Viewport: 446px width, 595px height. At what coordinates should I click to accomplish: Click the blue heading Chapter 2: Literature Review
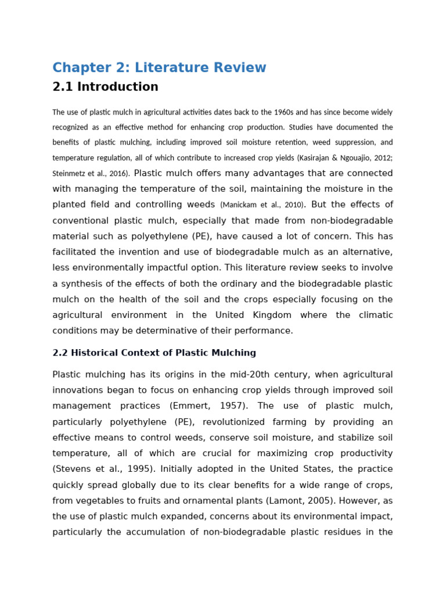[159, 67]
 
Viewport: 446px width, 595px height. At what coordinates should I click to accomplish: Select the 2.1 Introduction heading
[105, 87]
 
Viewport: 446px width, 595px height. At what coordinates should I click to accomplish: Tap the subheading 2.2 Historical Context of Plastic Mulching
[154, 353]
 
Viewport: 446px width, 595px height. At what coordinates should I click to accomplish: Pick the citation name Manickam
[239, 205]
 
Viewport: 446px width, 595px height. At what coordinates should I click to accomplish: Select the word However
[356, 500]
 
